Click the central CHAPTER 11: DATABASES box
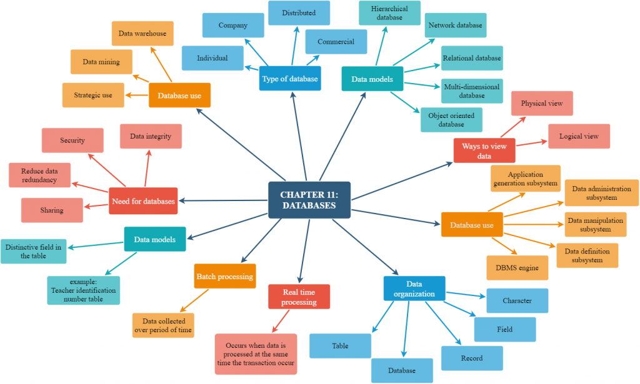tap(309, 200)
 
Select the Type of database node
tap(290, 79)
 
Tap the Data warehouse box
tap(142, 34)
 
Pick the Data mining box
tap(101, 62)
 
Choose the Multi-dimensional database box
tap(472, 91)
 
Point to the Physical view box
tap(542, 103)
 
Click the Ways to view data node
tap(484, 150)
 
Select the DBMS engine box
tap(517, 267)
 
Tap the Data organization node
tap(414, 288)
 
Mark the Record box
tap(472, 358)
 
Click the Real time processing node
tap(299, 297)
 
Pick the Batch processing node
tap(225, 276)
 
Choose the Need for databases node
tap(143, 201)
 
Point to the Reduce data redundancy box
tap(39, 175)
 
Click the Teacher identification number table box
tap(82, 290)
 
